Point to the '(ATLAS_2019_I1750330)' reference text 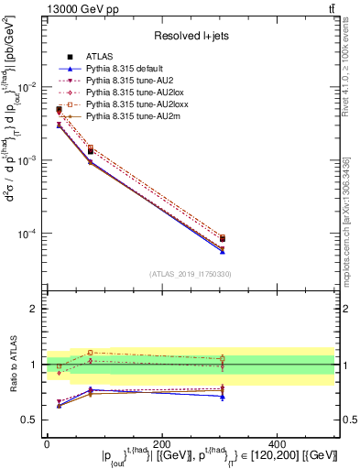pyautogui.click(x=191, y=274)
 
